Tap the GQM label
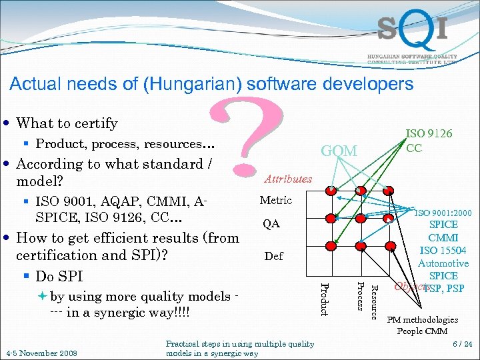[339, 151]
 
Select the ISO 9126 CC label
[429, 141]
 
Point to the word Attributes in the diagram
[288, 179]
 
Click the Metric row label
[275, 200]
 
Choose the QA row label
[271, 224]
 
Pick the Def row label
[273, 255]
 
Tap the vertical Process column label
[359, 295]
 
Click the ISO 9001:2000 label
[443, 213]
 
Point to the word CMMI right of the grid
[443, 237]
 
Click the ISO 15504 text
[443, 251]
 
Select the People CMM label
[423, 331]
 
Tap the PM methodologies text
[423, 320]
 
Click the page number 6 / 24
[462, 344]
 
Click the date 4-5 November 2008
[41, 353]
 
